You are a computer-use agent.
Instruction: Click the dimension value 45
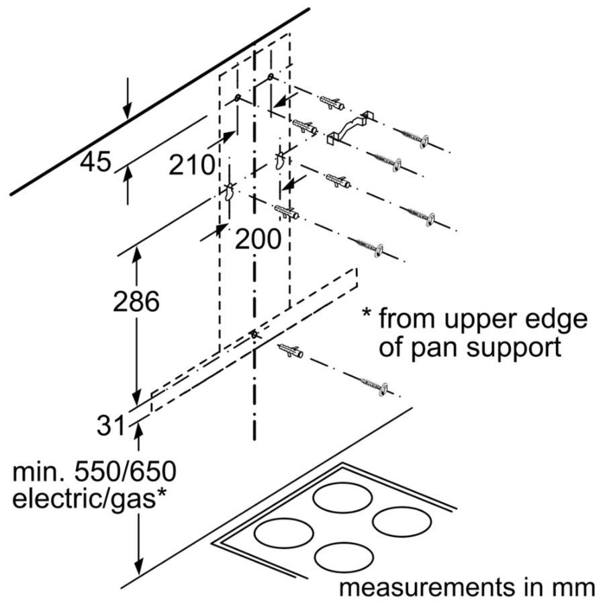95,161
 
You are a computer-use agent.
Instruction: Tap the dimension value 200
258,239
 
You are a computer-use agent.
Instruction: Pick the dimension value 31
109,425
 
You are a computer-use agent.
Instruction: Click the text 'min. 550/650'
94,472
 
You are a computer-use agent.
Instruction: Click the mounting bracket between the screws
348,128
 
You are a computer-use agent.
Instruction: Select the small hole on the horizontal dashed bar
253,333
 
